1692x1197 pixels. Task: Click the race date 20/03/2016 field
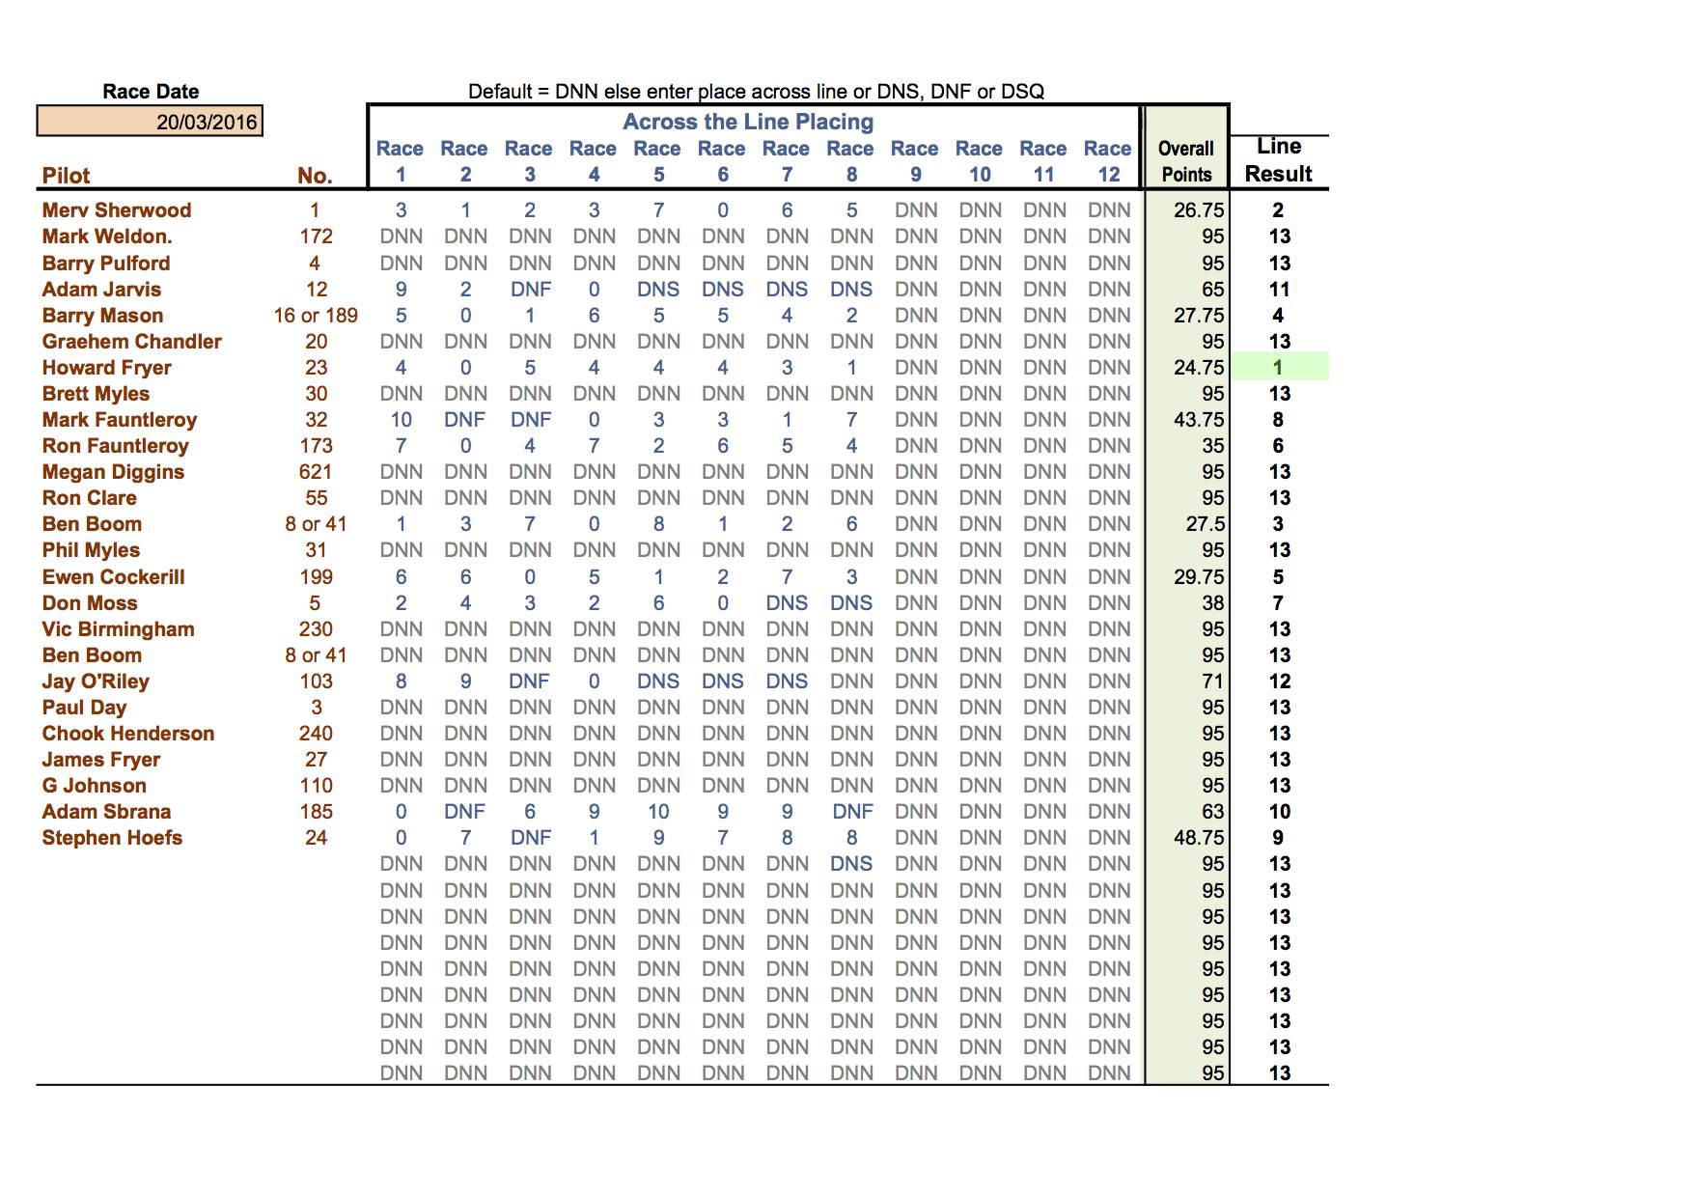coord(151,122)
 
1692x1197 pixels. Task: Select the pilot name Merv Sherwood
coord(117,210)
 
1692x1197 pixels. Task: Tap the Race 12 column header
coord(1108,161)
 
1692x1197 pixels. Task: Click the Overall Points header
coord(1186,161)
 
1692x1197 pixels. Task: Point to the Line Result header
coord(1279,160)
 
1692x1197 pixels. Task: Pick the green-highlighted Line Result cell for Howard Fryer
coord(1279,368)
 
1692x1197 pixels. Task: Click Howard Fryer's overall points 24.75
coord(1199,368)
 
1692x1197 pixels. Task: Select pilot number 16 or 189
coord(316,316)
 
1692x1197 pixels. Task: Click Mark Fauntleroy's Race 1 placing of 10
coord(401,420)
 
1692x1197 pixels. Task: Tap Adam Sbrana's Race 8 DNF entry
coord(851,812)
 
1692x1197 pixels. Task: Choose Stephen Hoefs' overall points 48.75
coord(1199,838)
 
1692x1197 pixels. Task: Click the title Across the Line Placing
coord(748,122)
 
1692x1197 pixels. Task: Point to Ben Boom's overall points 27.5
coord(1205,524)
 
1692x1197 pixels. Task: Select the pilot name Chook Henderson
coord(128,734)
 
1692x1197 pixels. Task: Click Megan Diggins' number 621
coord(316,472)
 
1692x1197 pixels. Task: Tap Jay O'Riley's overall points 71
coord(1212,682)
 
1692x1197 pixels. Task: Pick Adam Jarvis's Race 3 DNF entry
coord(530,290)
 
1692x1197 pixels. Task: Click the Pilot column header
coord(66,176)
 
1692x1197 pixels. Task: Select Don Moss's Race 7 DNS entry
coord(787,603)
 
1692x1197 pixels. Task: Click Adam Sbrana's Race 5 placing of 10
coord(658,812)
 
